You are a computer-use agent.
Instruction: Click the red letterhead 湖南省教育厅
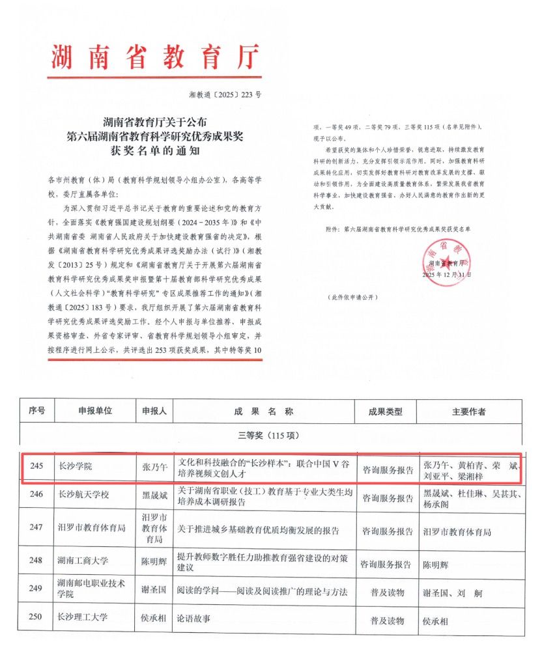154,56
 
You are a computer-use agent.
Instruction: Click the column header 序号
36,411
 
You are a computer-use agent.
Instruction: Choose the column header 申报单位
94,411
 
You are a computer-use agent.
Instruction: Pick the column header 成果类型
386,412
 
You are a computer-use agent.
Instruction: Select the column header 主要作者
468,412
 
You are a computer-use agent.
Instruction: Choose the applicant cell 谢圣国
154,591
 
